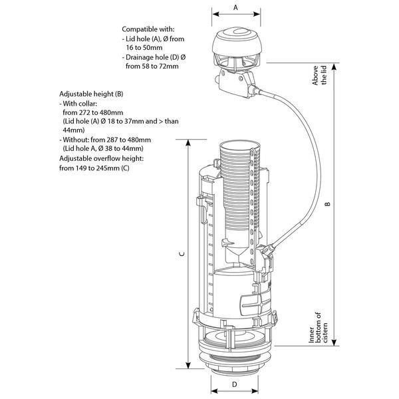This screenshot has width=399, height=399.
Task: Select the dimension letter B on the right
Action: tap(327, 205)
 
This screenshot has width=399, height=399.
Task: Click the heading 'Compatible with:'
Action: tap(148, 29)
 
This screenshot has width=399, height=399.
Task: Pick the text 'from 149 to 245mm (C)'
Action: tap(102, 168)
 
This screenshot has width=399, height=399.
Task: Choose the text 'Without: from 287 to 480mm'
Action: tap(106, 140)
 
